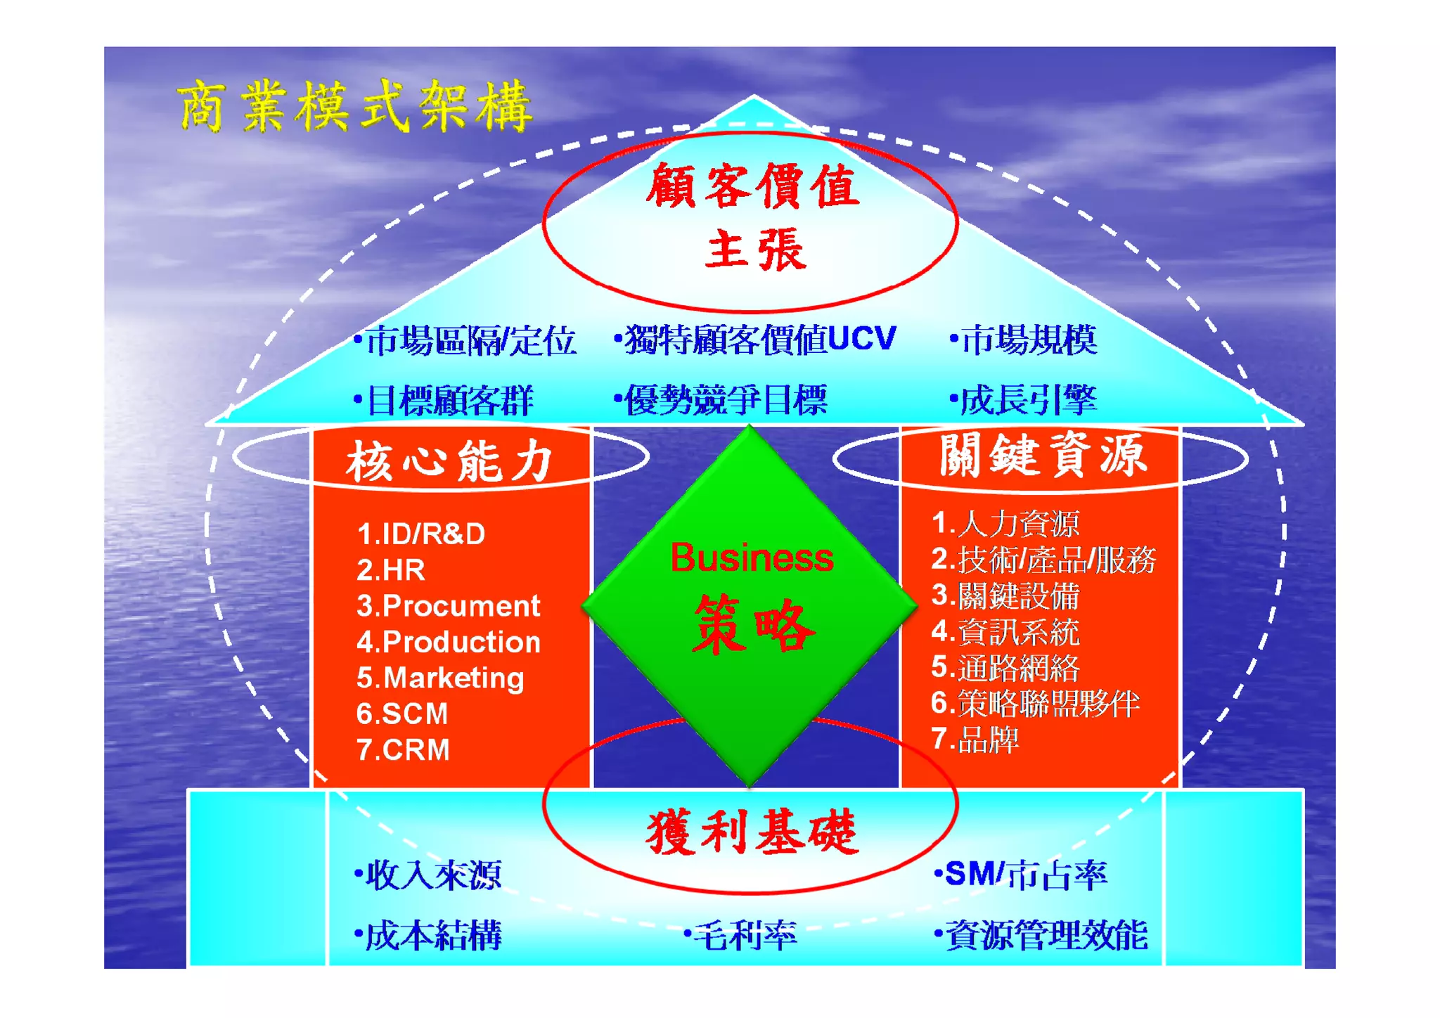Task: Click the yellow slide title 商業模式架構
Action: (x=355, y=107)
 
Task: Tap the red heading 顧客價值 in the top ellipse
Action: (x=752, y=186)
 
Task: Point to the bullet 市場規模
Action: (x=1024, y=340)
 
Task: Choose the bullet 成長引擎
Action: (x=1024, y=400)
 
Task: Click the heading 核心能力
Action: (x=449, y=462)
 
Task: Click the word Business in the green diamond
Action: (x=752, y=558)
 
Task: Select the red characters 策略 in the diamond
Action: (x=753, y=624)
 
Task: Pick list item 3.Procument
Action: (x=448, y=606)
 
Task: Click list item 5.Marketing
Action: (x=440, y=678)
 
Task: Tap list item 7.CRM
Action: (x=403, y=750)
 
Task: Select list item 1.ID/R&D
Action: (x=420, y=534)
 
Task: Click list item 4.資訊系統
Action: (x=1005, y=632)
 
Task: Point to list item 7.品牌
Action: (x=975, y=740)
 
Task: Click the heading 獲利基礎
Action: (x=752, y=832)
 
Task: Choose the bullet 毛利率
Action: (x=741, y=935)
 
